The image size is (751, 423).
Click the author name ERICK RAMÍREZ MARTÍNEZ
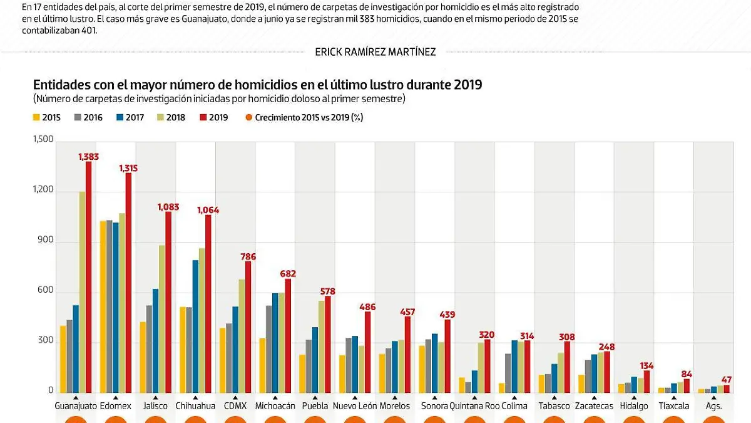click(x=375, y=52)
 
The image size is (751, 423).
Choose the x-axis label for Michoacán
click(x=275, y=406)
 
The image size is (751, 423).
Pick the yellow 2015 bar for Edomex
click(x=103, y=307)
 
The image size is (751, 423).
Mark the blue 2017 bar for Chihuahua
click(x=196, y=326)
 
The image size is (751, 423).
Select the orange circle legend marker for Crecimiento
click(x=249, y=117)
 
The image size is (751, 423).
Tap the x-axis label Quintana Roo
click(x=474, y=406)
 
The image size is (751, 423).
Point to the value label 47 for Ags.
click(x=726, y=380)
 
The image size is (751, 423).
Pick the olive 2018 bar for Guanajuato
click(x=82, y=292)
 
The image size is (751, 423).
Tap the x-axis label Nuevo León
click(x=355, y=406)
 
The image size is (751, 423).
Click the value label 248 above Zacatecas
click(x=607, y=347)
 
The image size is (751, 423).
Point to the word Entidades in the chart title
click(x=60, y=85)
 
